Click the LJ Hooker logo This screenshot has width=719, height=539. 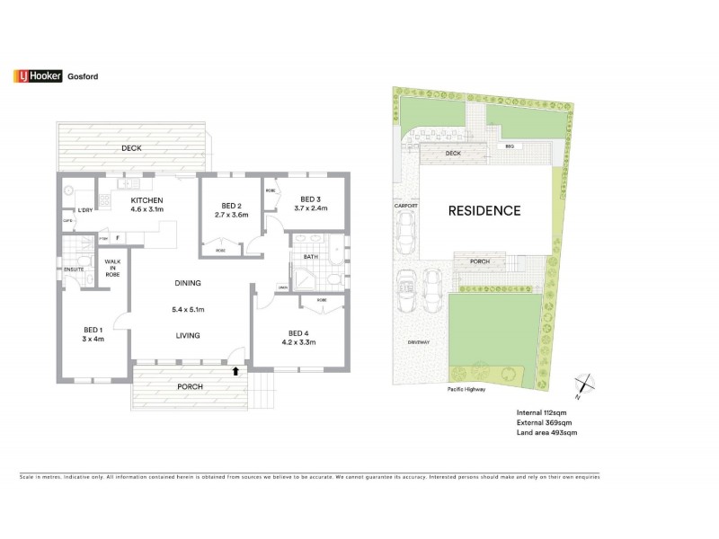click(x=36, y=76)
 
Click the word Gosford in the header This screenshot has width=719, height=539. click(x=83, y=76)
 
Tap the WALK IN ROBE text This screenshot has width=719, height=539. click(x=113, y=267)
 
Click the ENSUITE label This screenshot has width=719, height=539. click(x=73, y=268)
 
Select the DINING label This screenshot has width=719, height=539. click(x=188, y=284)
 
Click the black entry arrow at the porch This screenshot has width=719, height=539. click(x=235, y=368)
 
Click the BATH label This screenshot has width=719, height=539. click(x=310, y=256)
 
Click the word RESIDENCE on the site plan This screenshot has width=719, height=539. click(x=484, y=211)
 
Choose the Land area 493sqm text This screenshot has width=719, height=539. click(x=546, y=433)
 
